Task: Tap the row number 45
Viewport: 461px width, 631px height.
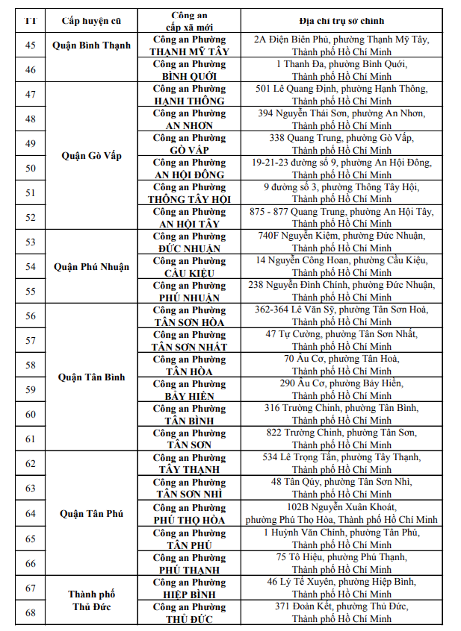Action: point(31,45)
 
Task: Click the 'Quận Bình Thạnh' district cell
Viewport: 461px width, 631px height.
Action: point(92,45)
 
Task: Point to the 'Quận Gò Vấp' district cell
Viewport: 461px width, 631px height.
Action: point(92,156)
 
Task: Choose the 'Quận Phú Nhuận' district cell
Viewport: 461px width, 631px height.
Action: point(92,266)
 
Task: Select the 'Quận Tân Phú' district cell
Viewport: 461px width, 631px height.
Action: point(92,513)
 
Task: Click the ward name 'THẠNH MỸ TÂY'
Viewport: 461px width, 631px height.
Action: point(189,52)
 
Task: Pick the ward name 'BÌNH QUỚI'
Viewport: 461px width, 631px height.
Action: point(189,77)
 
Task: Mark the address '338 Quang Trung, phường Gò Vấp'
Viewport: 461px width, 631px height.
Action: point(341,138)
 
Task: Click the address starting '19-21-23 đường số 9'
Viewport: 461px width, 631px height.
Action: point(341,163)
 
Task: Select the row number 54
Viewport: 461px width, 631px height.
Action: point(31,266)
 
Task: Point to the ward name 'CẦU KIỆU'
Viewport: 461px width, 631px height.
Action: point(189,273)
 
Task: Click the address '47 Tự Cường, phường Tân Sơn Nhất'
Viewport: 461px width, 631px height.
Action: point(341,334)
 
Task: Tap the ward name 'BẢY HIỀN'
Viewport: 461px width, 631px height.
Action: point(189,396)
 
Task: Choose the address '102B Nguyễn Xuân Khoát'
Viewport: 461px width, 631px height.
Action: point(341,506)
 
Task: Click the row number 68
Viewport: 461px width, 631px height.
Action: point(31,612)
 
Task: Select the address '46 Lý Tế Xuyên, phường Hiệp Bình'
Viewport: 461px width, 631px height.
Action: point(341,582)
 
